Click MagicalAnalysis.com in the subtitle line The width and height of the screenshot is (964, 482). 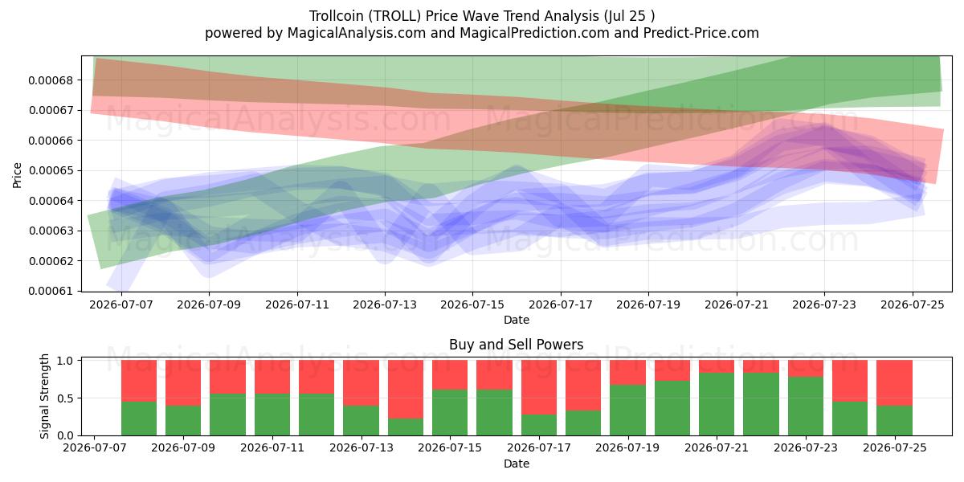coord(357,33)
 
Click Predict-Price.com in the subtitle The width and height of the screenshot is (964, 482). coord(701,33)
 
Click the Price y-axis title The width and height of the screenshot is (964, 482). coord(17,175)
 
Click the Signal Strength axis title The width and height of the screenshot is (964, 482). coord(44,396)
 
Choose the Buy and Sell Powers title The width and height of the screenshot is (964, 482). coord(516,345)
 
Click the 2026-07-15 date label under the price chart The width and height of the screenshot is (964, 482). coord(472,304)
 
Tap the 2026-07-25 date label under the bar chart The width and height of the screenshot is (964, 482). coord(895,448)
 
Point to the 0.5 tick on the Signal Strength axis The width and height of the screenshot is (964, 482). coord(66,398)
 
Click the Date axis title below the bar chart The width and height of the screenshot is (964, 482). coord(517,464)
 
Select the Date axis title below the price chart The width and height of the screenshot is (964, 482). coord(517,321)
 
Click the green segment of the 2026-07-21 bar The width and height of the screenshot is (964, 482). coord(716,404)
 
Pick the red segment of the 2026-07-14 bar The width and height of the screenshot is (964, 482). coord(406,389)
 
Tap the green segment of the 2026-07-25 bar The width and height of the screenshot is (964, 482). coord(894,420)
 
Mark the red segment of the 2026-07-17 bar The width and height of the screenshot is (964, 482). coord(539,387)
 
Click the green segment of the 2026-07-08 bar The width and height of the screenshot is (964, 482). coord(138,419)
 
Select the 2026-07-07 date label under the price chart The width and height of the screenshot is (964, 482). coord(121,304)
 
